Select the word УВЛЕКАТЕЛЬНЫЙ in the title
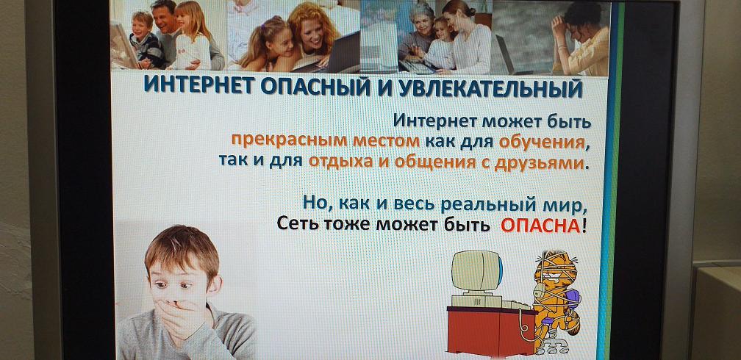tap(491, 89)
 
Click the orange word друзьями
tap(539, 162)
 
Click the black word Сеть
tap(296, 223)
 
